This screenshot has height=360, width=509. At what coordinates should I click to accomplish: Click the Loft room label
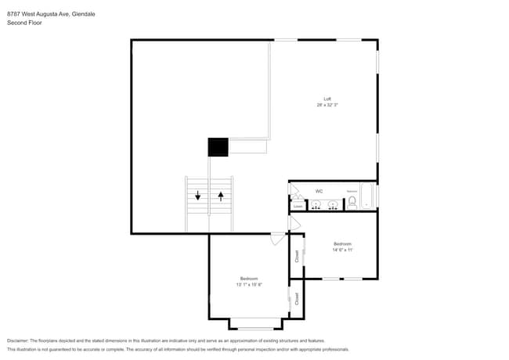[x=328, y=99]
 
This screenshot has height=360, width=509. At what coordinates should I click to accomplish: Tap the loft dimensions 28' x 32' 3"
[x=328, y=105]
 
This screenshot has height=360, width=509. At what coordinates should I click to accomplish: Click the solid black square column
[x=218, y=147]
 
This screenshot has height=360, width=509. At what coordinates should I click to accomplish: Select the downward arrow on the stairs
[x=198, y=196]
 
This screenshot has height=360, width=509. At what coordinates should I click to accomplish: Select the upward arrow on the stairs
[x=221, y=196]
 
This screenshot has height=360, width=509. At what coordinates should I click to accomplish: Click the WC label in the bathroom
[x=319, y=191]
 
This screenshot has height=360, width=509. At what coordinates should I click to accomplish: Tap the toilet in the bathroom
[x=352, y=202]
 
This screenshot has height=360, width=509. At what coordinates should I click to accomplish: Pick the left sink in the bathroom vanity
[x=316, y=205]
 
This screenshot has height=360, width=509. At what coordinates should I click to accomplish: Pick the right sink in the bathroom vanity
[x=334, y=205]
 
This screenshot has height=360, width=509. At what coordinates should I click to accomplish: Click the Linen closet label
[x=298, y=206]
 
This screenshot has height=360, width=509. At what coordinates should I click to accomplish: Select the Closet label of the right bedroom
[x=297, y=255]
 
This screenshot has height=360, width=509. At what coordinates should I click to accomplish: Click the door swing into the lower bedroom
[x=278, y=239]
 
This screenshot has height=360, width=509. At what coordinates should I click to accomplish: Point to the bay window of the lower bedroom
[x=257, y=328]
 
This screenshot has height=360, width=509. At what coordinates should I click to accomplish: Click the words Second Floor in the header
[x=24, y=23]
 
